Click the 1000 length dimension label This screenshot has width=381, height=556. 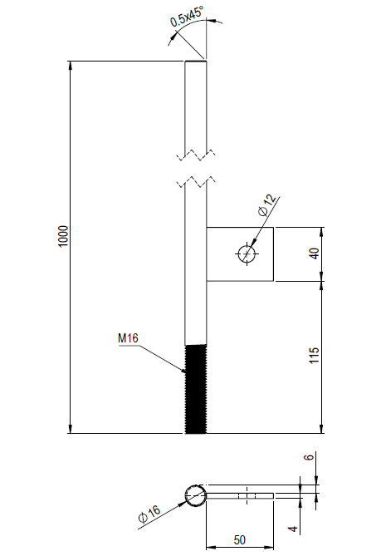tap(62, 236)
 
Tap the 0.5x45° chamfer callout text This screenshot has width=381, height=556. tap(187, 17)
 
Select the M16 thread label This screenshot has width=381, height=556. tap(128, 338)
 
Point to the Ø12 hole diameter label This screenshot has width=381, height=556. tap(267, 205)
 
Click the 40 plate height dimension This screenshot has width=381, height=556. tap(315, 253)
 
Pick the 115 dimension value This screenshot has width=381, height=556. tap(314, 356)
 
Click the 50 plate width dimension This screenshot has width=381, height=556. tap(239, 540)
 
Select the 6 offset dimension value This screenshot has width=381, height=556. tap(309, 457)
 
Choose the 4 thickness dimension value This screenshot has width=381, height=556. tap(293, 529)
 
